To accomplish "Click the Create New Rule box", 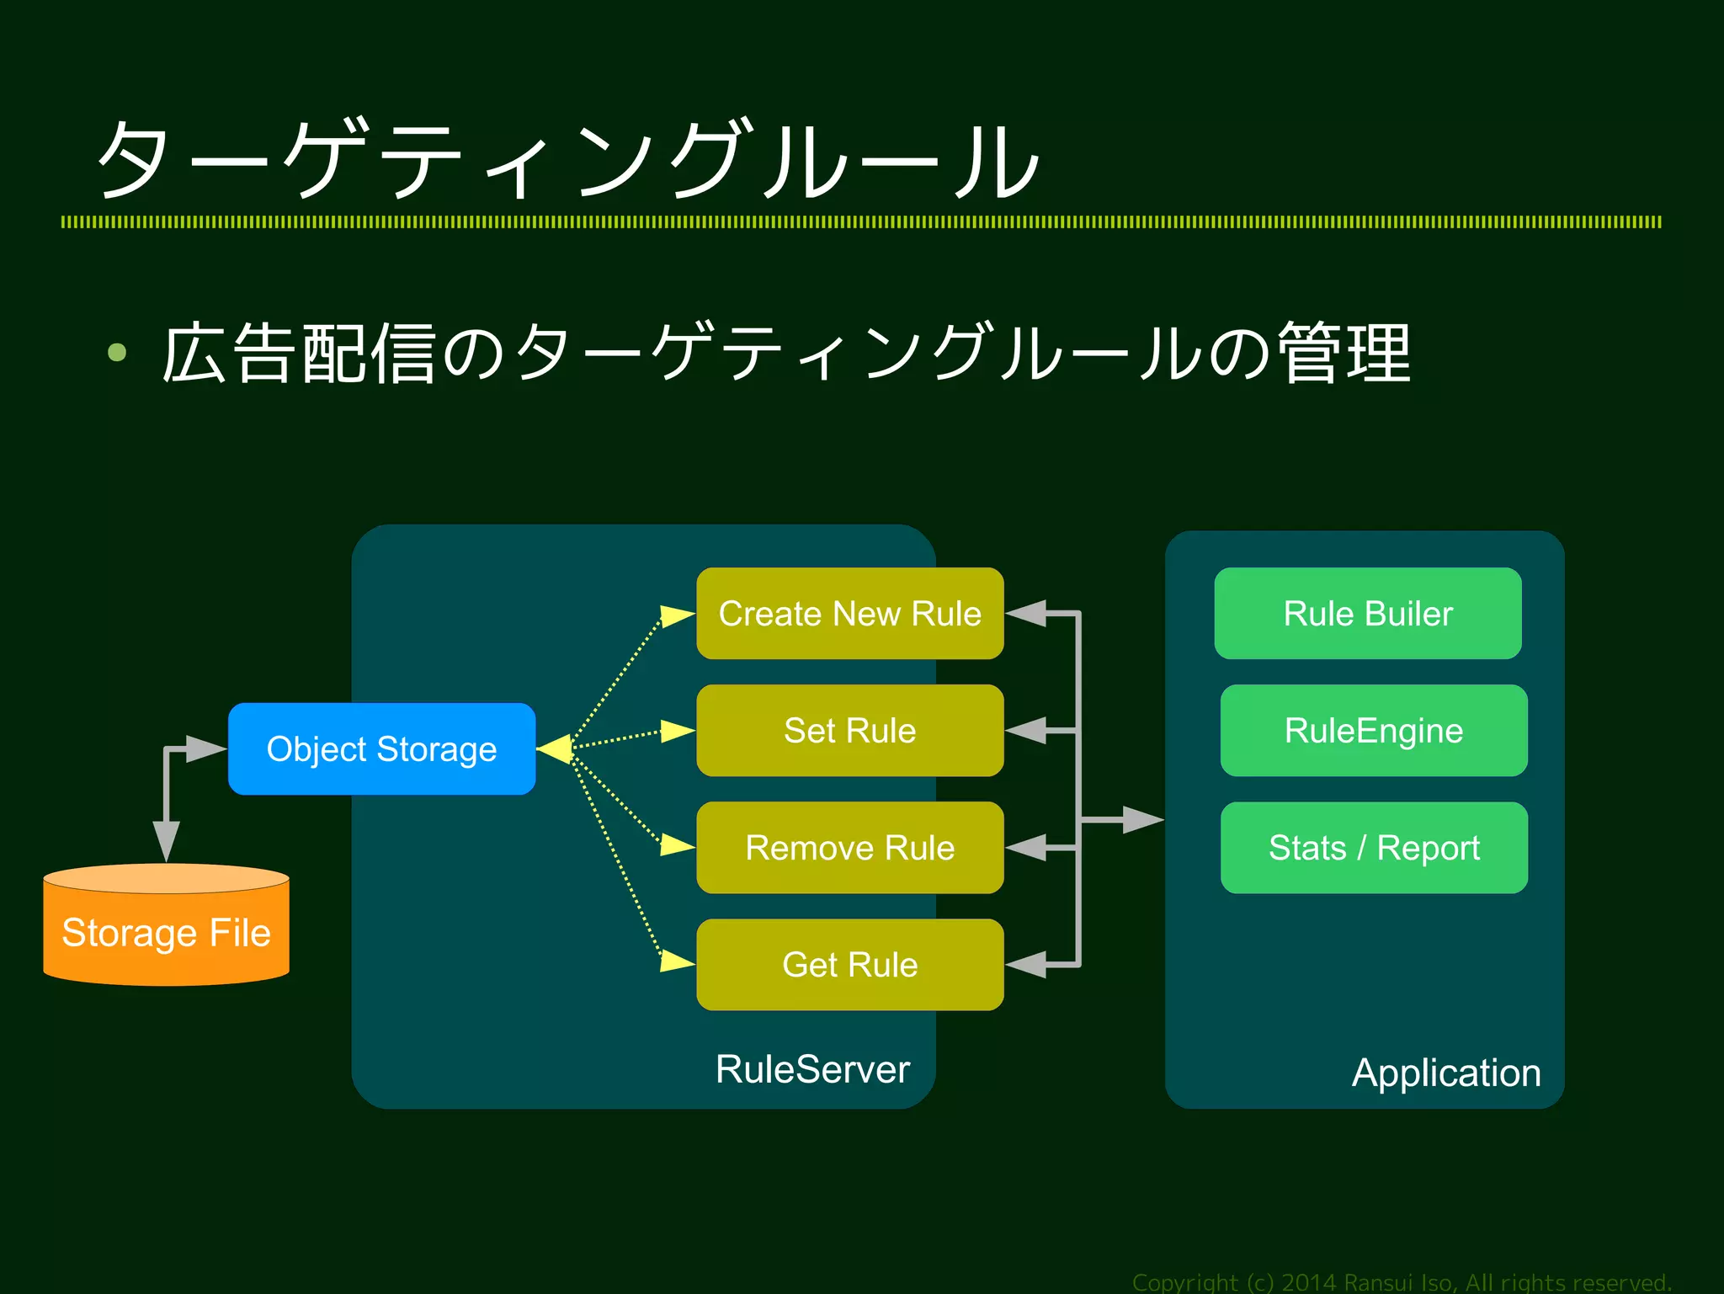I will pyautogui.click(x=849, y=613).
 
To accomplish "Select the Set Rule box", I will pyautogui.click(x=849, y=730).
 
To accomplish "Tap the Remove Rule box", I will pyautogui.click(x=849, y=847).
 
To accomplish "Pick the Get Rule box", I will pyautogui.click(x=849, y=964).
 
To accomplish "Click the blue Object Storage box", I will pyautogui.click(x=381, y=748).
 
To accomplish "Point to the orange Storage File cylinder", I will pyautogui.click(x=166, y=931).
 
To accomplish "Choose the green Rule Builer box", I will pyautogui.click(x=1367, y=613).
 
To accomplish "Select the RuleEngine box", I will pyautogui.click(x=1373, y=730).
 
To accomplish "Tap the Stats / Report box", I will pyautogui.click(x=1373, y=847).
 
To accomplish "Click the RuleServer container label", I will pyautogui.click(x=812, y=1069).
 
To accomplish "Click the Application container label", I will pyautogui.click(x=1445, y=1073).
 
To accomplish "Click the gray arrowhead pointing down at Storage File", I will pyautogui.click(x=166, y=839).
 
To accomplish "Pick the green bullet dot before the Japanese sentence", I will pyautogui.click(x=117, y=352).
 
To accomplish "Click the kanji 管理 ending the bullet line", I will pyautogui.click(x=1344, y=354).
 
